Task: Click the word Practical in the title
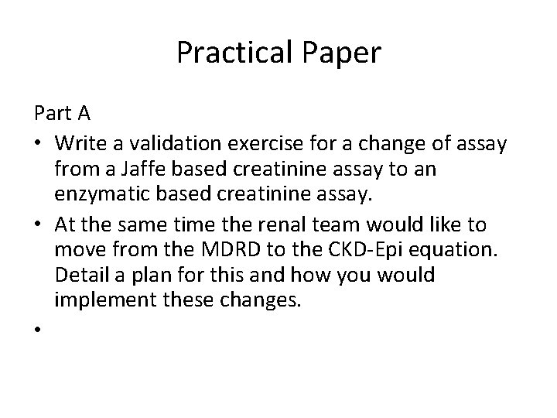[x=227, y=53]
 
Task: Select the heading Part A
[x=63, y=114]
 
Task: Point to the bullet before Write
[x=38, y=143]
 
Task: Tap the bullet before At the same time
[x=38, y=225]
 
